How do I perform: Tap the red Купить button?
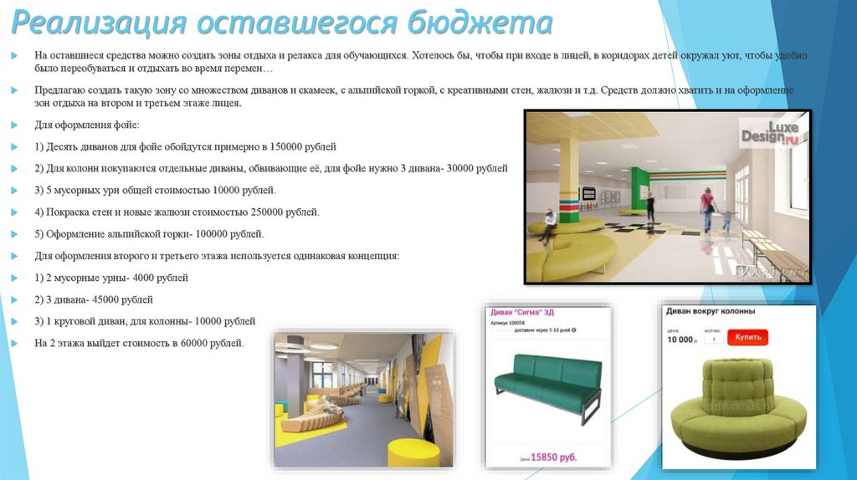(x=748, y=338)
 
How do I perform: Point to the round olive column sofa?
(x=737, y=405)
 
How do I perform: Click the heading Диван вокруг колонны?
(x=710, y=311)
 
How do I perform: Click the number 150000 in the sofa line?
(x=285, y=146)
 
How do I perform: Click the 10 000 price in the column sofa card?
(x=680, y=340)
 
